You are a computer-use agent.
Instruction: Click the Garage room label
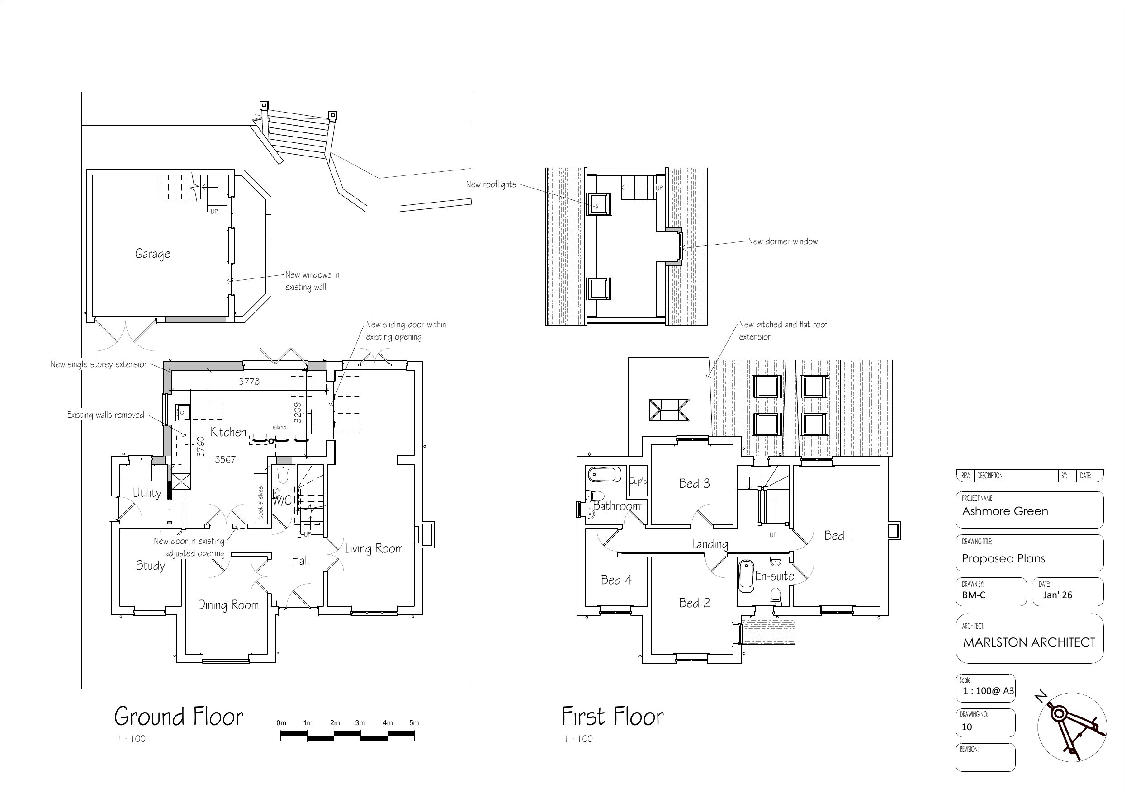pos(153,254)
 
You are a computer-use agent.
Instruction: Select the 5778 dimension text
pos(249,382)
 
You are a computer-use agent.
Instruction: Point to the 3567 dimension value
pos(225,459)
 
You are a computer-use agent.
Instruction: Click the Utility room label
pos(147,493)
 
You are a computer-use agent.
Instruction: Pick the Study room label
pos(150,566)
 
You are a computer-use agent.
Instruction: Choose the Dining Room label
pos(228,605)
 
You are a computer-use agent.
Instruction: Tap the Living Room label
pos(374,548)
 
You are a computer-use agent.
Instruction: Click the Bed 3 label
pos(695,484)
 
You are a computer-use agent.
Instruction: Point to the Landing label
pos(710,544)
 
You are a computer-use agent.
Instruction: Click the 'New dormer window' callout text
pos(783,241)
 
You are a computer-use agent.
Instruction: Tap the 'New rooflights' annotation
pos(491,185)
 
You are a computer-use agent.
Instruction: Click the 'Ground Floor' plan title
pos(179,717)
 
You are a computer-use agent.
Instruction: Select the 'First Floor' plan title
pos(613,717)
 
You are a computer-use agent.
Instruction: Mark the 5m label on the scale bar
pos(414,723)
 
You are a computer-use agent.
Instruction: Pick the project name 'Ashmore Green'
pos(1005,511)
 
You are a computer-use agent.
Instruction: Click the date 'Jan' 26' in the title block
pos(1057,595)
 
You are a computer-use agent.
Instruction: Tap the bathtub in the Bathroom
pos(602,475)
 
